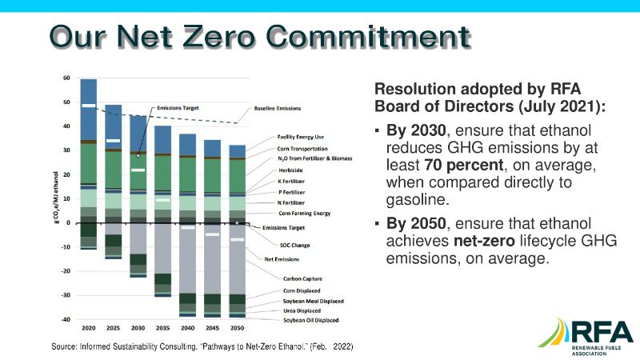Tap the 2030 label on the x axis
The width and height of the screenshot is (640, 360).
[139, 328]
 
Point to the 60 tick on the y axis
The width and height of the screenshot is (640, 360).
[67, 78]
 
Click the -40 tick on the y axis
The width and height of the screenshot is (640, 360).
[66, 319]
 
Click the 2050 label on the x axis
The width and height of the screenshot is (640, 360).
[238, 328]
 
